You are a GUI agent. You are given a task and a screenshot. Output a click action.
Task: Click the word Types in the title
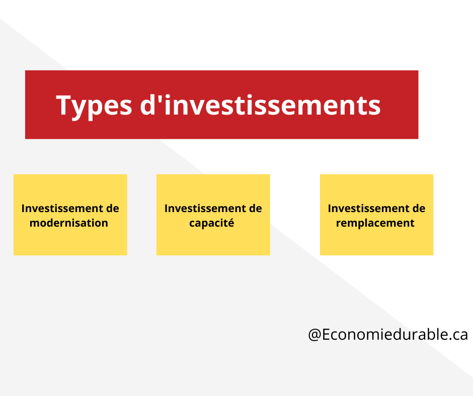pyautogui.click(x=94, y=106)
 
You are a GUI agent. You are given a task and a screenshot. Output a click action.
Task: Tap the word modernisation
pyautogui.click(x=69, y=223)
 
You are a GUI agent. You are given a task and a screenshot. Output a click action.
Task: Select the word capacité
pyautogui.click(x=212, y=223)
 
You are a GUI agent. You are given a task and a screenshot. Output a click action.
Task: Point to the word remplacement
pyautogui.click(x=375, y=223)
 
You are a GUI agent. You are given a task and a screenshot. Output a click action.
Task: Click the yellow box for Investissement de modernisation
pyautogui.click(x=70, y=215)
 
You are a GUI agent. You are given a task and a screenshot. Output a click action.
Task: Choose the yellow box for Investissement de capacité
pyautogui.click(x=213, y=215)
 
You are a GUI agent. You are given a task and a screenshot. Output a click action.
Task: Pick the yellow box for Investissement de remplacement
pyautogui.click(x=377, y=215)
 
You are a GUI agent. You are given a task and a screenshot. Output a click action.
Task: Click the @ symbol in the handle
pyautogui.click(x=314, y=335)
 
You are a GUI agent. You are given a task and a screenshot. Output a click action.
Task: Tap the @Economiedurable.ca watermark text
pyautogui.click(x=388, y=335)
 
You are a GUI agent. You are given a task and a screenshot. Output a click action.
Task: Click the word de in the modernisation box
pyautogui.click(x=113, y=208)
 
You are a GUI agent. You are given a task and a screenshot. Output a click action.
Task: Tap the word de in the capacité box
pyautogui.click(x=256, y=208)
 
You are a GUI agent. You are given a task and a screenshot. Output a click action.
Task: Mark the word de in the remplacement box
pyautogui.click(x=419, y=208)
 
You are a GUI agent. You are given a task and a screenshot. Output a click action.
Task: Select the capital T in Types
pyautogui.click(x=63, y=105)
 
